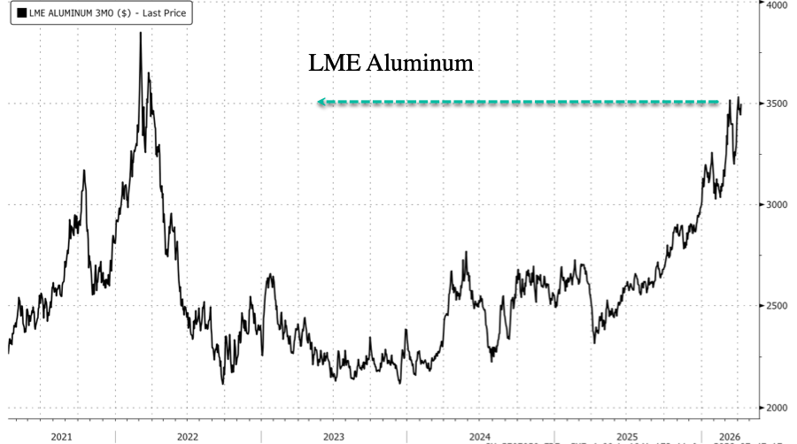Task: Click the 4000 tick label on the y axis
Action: [777, 4]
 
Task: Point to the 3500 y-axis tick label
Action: [777, 103]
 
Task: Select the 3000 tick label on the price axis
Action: [777, 204]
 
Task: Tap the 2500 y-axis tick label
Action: [777, 306]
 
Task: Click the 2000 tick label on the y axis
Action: [777, 408]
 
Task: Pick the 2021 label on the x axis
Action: [61, 436]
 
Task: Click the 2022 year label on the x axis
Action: [188, 436]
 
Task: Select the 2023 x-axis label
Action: [333, 436]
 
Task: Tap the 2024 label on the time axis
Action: [479, 436]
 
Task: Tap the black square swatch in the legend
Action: [21, 13]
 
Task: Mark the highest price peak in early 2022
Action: [140, 33]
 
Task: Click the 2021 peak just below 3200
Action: [84, 171]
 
